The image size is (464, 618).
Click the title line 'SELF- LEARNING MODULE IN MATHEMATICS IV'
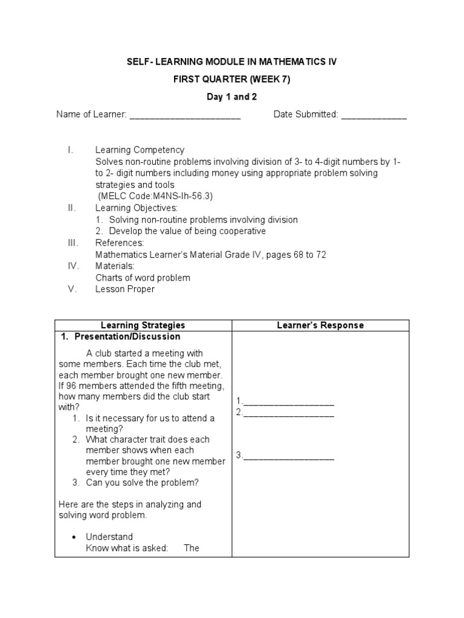232,62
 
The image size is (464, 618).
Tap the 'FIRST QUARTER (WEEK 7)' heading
232,80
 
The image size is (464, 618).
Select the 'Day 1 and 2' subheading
232,97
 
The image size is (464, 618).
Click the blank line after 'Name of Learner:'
185,115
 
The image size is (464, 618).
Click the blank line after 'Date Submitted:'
374,115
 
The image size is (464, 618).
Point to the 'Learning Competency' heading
140,150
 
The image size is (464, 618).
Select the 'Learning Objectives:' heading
137,208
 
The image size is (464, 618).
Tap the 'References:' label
120,243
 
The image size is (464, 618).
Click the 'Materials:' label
115,266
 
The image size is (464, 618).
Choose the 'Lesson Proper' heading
125,289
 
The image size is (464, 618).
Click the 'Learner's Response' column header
320,325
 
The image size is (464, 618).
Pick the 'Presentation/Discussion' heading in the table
127,337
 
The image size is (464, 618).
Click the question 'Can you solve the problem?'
142,482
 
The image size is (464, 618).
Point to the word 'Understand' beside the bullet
109,537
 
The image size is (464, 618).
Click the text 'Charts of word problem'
143,278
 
